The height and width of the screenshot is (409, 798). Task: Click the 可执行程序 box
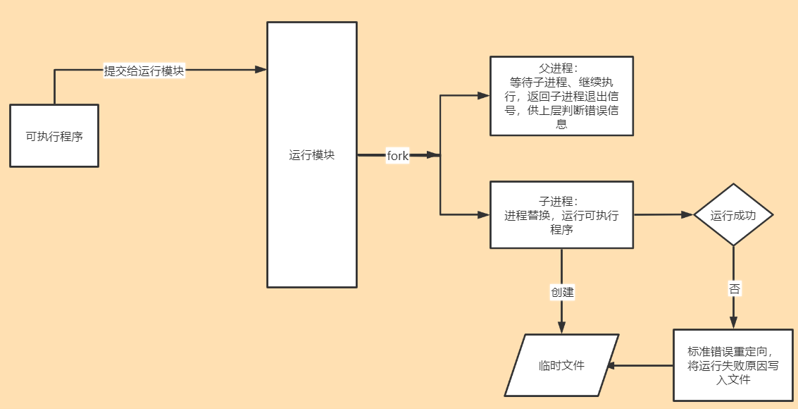54,136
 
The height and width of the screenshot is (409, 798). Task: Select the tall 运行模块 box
311,154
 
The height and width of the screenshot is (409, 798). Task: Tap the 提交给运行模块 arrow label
144,71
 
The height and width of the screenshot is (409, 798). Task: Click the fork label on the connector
397,156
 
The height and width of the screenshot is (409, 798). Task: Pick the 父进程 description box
561,96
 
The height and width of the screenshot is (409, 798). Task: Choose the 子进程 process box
561,215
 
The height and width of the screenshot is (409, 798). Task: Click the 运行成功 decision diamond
733,215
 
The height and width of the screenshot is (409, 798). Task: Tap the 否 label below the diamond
734,288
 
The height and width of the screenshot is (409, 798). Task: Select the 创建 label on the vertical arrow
562,292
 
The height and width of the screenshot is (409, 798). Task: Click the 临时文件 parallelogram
561,365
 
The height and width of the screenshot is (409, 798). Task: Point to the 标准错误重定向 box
734,365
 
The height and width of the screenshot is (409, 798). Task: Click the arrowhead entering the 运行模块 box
261,69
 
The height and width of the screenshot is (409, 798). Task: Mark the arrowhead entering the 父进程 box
484,95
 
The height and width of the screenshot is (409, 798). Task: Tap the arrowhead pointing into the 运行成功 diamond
687,214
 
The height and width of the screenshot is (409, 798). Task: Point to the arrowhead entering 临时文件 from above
562,328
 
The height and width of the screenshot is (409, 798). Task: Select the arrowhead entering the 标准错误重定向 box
734,323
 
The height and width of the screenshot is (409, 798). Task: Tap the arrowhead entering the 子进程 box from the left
484,214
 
